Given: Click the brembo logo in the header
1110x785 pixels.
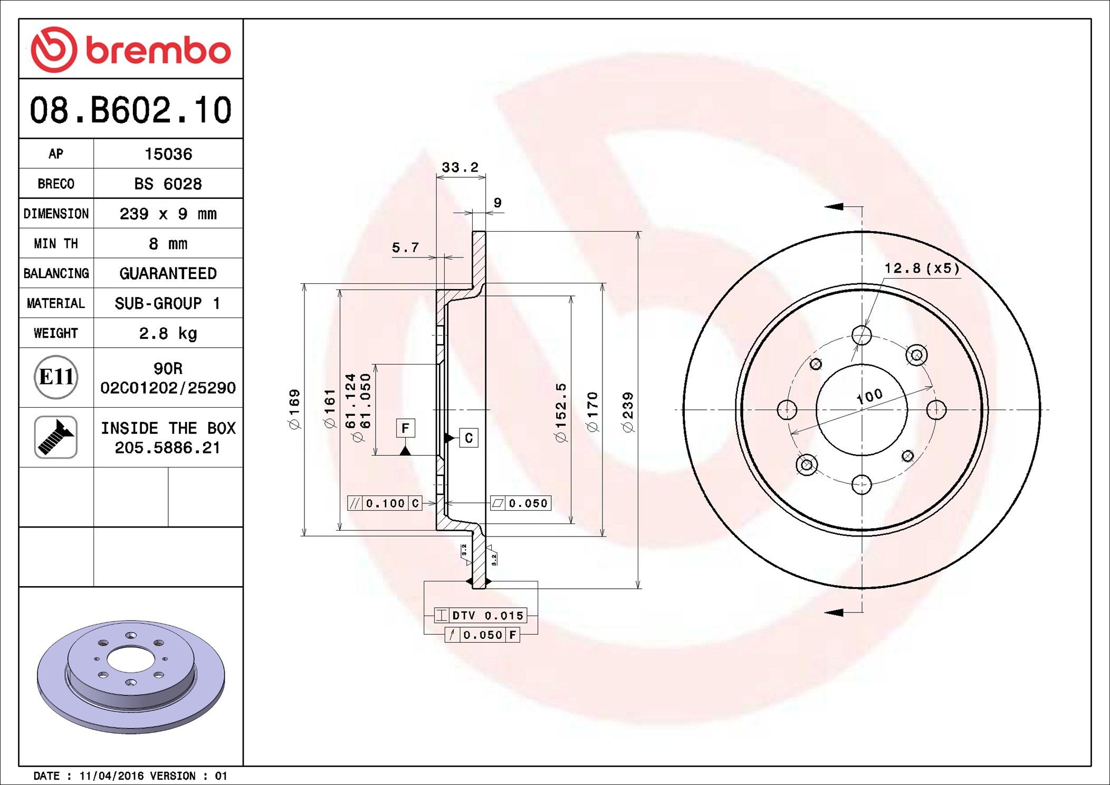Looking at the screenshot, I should pyautogui.click(x=130, y=50).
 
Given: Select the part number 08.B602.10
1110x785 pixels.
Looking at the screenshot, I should pyautogui.click(x=130, y=110).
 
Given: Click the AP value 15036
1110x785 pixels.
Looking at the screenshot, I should pyautogui.click(x=168, y=154).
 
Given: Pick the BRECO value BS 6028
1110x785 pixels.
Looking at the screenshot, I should pyautogui.click(x=168, y=184).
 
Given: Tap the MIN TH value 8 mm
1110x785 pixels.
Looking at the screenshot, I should pyautogui.click(x=168, y=244).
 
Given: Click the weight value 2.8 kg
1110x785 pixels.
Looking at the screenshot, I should pyautogui.click(x=168, y=333).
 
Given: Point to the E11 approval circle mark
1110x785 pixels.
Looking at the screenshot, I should pyautogui.click(x=56, y=377).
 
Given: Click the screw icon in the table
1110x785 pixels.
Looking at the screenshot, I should pyautogui.click(x=56, y=437).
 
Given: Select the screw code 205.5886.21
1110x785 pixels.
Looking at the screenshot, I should pyautogui.click(x=167, y=448).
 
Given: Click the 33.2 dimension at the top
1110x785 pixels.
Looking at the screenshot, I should pyautogui.click(x=460, y=167).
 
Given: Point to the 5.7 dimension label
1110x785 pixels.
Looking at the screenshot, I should pyautogui.click(x=405, y=247).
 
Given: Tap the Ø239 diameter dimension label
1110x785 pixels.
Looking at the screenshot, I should pyautogui.click(x=628, y=412).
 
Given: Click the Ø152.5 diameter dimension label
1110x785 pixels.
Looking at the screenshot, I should pyautogui.click(x=560, y=412).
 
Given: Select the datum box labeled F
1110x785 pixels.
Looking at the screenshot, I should pyautogui.click(x=405, y=428).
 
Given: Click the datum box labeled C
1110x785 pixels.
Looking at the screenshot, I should pyautogui.click(x=468, y=438).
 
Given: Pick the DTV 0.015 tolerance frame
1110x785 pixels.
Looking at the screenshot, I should pyautogui.click(x=480, y=615).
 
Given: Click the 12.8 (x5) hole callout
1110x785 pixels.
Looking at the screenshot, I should pyautogui.click(x=922, y=269).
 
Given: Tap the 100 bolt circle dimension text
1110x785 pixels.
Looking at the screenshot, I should pyautogui.click(x=869, y=396).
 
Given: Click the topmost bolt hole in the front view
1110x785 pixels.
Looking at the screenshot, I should pyautogui.click(x=862, y=335).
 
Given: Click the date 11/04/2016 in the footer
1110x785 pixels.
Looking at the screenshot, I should pyautogui.click(x=111, y=776).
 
